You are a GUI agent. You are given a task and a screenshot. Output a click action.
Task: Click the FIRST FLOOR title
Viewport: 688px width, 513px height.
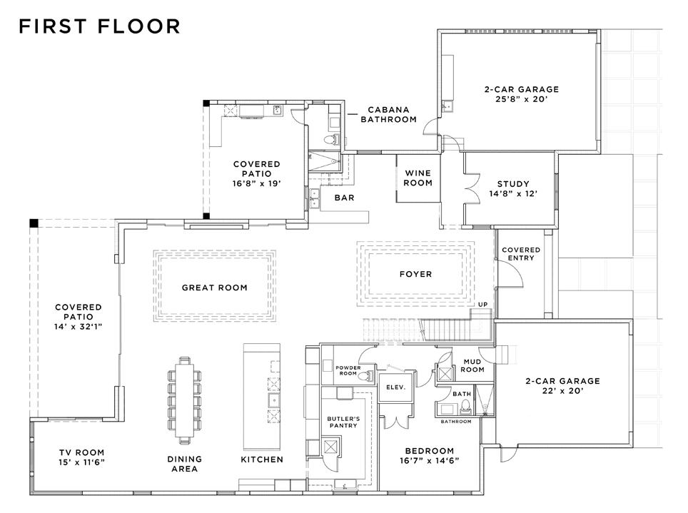point(99,27)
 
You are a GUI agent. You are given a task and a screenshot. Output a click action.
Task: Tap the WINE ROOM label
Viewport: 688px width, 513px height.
point(418,178)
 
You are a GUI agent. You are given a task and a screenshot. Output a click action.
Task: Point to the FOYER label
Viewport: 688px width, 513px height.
point(415,274)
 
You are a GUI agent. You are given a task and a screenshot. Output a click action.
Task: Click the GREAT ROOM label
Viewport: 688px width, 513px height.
point(214,288)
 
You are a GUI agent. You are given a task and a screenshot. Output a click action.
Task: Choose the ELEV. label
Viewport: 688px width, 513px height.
point(395,387)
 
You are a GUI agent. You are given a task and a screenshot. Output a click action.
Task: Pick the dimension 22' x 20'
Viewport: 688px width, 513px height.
point(562,392)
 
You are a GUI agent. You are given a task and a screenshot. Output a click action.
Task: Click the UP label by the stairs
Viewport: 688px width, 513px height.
point(482,305)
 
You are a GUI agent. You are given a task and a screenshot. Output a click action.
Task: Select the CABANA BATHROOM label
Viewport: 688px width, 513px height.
point(388,115)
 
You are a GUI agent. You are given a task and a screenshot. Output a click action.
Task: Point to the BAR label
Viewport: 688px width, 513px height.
point(345,198)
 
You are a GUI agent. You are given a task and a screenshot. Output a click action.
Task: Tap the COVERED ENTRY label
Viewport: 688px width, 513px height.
point(521,254)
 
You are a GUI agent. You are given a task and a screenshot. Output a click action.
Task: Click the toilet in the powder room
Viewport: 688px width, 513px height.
point(362,375)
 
